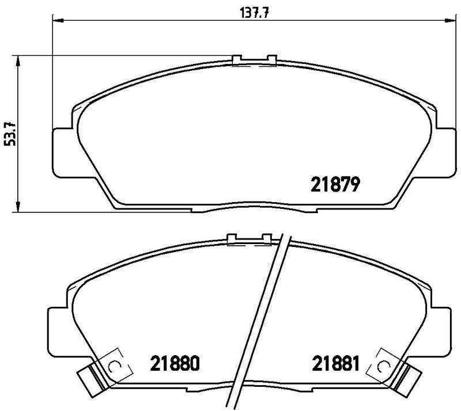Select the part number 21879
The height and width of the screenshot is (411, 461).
(336, 184)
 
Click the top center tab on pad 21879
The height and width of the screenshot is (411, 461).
(254, 60)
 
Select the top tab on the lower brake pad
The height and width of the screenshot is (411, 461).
(249, 238)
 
